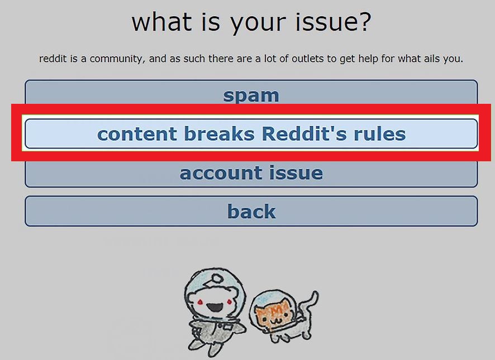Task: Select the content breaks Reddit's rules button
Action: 251,133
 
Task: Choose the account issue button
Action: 251,174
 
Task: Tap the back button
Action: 251,211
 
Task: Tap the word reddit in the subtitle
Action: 53,59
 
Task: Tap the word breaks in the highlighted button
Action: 219,133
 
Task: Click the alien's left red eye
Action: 200,303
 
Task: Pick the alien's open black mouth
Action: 215,306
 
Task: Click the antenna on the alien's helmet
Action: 217,279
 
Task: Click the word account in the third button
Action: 221,173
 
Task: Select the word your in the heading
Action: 258,23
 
